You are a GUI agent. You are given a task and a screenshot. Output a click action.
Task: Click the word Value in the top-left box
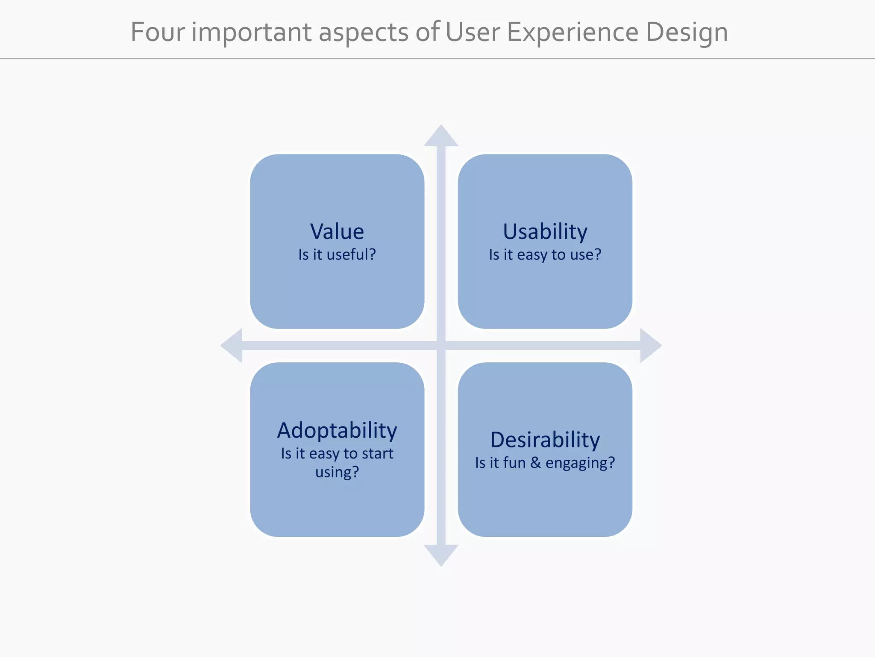pos(337,231)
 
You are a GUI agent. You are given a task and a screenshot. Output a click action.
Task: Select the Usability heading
pos(545,232)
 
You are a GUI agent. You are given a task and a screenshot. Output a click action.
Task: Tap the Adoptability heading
pos(337,430)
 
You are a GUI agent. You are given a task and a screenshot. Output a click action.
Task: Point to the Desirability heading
pos(545,440)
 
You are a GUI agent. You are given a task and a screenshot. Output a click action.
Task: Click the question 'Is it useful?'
pos(337,255)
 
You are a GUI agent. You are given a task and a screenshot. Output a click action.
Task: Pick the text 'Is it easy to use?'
pos(545,255)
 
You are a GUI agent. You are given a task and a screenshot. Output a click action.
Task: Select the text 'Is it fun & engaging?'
pos(545,463)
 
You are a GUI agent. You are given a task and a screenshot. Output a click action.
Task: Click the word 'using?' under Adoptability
pos(337,472)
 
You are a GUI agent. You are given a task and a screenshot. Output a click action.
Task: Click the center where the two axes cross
pos(441,346)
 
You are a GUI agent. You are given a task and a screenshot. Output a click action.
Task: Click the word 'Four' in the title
pos(158,32)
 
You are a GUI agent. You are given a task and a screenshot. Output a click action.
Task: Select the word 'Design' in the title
pos(687,32)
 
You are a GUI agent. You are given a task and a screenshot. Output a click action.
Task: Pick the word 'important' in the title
pos(251,32)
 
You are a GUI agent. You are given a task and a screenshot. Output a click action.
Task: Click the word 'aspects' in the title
pos(364,32)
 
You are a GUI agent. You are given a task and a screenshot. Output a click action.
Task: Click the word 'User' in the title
pos(472,32)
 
